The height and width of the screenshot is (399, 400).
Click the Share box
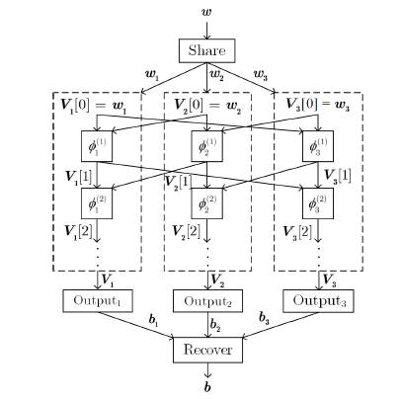(x=206, y=50)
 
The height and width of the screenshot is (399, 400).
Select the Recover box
(x=207, y=350)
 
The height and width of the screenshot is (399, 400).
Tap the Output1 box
(x=98, y=300)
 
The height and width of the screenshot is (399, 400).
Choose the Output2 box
(x=207, y=301)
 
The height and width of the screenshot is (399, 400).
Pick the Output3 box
(x=318, y=301)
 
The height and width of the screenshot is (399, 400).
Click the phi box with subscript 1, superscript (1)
(x=97, y=146)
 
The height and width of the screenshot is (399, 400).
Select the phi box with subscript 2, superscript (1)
(x=206, y=146)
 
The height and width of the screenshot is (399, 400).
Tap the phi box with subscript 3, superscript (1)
(x=318, y=146)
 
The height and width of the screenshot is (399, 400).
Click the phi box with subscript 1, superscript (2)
(x=97, y=203)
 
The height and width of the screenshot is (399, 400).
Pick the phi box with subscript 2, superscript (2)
(x=206, y=203)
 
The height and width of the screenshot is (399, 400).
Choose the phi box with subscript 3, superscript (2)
(x=318, y=203)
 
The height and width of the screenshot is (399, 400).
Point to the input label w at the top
(x=206, y=12)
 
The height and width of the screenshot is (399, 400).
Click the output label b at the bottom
(x=207, y=387)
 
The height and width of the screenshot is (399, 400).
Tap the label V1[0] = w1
(x=94, y=106)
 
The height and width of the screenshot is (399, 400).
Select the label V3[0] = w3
(x=318, y=105)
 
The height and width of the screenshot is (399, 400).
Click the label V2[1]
(x=178, y=182)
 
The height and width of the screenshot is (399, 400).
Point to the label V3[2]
(x=297, y=232)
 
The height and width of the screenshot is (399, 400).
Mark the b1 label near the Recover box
(x=153, y=320)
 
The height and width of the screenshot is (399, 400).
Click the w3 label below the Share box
(x=261, y=75)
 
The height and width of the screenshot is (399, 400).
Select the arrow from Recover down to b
(x=207, y=370)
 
